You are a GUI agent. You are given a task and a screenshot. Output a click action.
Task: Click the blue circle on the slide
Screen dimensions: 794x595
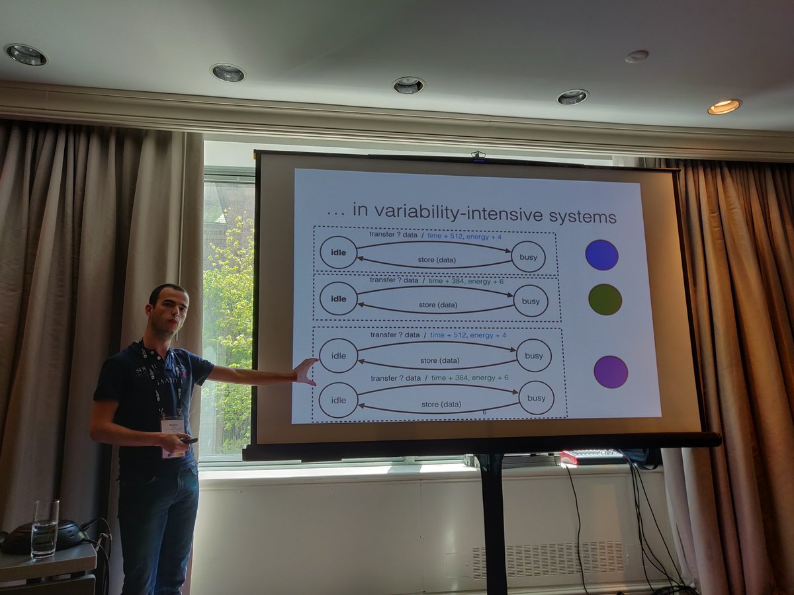(601, 255)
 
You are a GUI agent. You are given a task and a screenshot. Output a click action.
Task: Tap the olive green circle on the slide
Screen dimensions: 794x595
(605, 299)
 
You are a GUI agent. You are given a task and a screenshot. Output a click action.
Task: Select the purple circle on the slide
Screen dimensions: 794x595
(610, 372)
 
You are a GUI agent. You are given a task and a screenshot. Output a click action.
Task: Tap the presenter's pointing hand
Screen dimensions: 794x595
(305, 371)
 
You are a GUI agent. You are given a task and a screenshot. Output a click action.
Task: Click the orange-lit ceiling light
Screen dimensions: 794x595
(724, 106)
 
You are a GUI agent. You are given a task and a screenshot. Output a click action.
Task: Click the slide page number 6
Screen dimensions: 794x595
(484, 412)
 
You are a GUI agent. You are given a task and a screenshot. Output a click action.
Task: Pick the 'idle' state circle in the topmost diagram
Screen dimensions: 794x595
(338, 253)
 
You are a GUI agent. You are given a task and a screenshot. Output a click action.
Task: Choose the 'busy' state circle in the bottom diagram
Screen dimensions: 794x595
(536, 398)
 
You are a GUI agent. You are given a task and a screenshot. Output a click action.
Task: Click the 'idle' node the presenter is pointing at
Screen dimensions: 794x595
(338, 356)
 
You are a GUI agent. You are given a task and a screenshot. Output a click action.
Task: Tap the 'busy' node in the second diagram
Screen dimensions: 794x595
(530, 301)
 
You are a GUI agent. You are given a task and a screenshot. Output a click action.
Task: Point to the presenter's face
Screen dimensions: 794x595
(169, 311)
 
